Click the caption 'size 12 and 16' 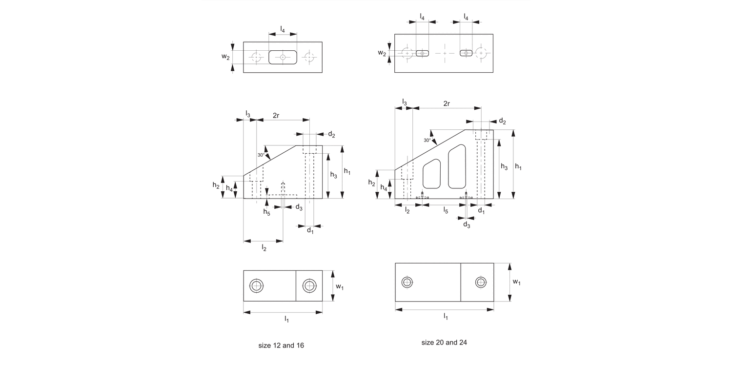pos(281,346)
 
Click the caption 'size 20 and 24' pos(444,343)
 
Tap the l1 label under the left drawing pos(287,319)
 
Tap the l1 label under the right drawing pos(446,317)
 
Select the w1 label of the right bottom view pos(517,282)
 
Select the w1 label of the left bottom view pos(340,286)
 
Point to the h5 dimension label pos(266,212)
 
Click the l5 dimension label pos(446,210)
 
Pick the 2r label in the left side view pos(276,115)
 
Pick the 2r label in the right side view pos(447,103)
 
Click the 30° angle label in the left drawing pos(262,155)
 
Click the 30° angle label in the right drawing pos(427,140)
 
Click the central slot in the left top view pos(283,57)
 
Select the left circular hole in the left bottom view pos(256,286)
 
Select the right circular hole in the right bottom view pos(481,282)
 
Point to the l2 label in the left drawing pos(264,248)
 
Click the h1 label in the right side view pos(518,167)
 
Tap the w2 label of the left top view pos(225,57)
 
